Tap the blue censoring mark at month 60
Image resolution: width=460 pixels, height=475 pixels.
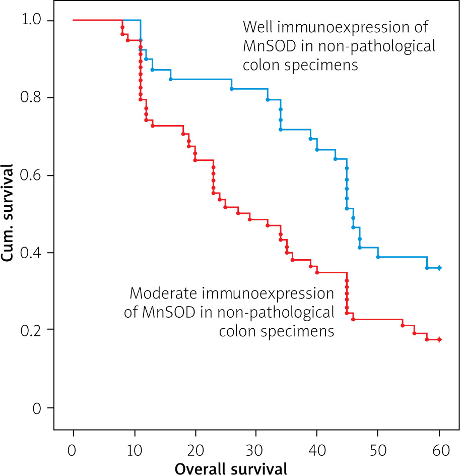pos(439,268)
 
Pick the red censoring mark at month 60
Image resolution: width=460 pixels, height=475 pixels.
pos(439,340)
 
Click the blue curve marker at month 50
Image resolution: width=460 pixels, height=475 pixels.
pos(378,257)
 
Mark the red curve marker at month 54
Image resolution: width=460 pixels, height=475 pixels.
pos(403,325)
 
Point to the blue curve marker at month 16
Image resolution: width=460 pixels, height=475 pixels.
pos(171,80)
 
